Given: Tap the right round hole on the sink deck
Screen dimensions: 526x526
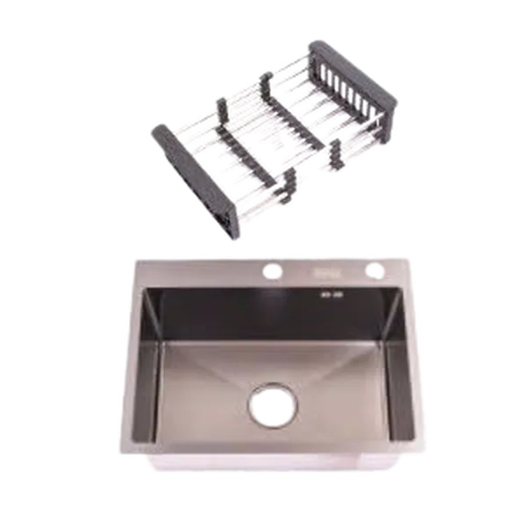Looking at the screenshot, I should pyautogui.click(x=374, y=269).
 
